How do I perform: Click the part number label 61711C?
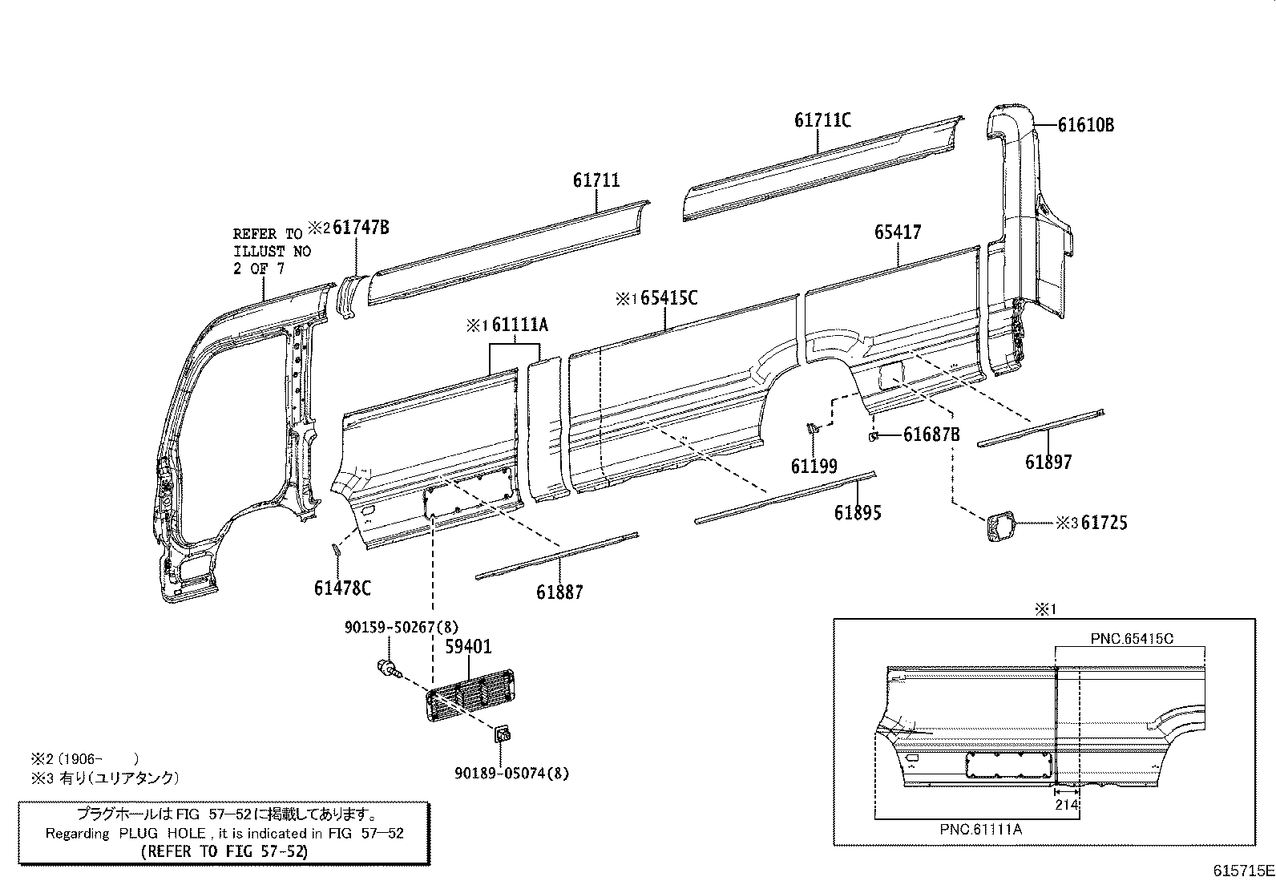click(x=822, y=120)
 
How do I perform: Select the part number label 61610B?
click(x=1085, y=125)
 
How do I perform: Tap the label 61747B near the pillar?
click(x=361, y=228)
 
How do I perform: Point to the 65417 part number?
click(x=898, y=232)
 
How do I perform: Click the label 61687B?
click(x=931, y=434)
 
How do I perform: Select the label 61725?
click(x=1104, y=523)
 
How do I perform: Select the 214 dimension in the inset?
click(x=1067, y=805)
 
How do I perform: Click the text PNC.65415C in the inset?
click(x=1132, y=639)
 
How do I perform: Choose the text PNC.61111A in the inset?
click(x=980, y=830)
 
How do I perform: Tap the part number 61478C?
click(x=342, y=588)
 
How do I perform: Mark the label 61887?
click(x=559, y=592)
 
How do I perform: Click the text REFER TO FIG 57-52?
click(x=224, y=851)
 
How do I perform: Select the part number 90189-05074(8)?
click(x=511, y=774)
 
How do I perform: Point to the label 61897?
click(x=1048, y=462)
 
